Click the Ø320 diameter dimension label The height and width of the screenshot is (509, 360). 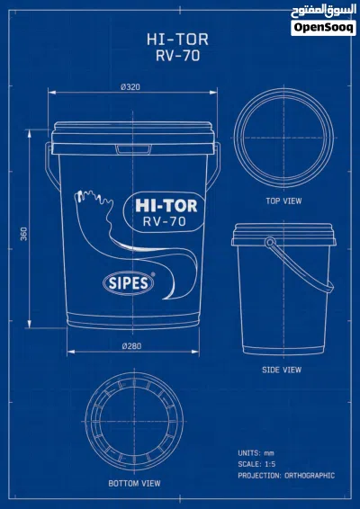coord(130,87)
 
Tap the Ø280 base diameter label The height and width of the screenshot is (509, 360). coord(131,346)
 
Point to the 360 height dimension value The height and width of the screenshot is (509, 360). coord(24,234)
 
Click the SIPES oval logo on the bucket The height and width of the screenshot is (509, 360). coord(128,283)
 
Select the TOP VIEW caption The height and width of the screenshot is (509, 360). coord(283,201)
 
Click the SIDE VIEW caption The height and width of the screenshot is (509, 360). coord(282,370)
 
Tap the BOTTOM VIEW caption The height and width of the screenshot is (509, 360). coord(134,483)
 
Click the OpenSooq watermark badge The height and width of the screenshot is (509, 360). coord(323,28)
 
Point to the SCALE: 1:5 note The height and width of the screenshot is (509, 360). coord(256,464)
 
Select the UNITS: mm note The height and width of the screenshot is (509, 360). coord(256,453)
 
